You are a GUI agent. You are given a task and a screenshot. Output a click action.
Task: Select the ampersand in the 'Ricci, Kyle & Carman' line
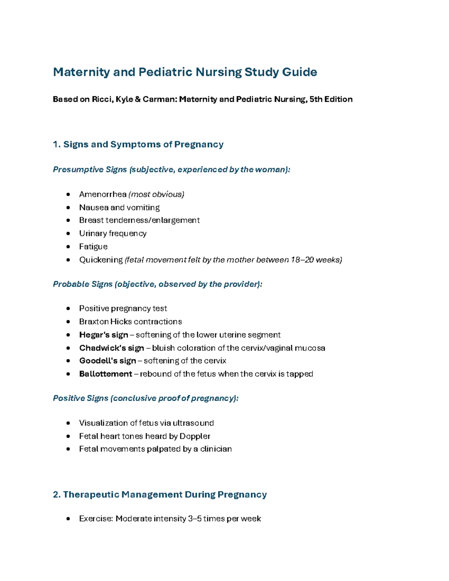click(138, 99)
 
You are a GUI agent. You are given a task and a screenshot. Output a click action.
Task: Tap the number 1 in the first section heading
click(56, 144)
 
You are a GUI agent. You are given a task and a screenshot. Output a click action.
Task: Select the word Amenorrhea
click(103, 194)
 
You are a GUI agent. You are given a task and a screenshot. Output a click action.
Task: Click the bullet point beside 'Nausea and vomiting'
click(68, 208)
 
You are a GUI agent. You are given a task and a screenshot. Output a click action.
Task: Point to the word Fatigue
click(93, 247)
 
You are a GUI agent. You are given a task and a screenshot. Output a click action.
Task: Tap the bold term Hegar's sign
click(104, 335)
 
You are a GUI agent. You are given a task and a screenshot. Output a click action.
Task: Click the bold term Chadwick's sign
click(112, 348)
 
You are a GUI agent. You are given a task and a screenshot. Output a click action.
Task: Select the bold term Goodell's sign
click(107, 361)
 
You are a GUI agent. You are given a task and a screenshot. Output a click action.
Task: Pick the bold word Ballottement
click(106, 374)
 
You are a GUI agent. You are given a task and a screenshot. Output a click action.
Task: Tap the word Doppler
click(195, 436)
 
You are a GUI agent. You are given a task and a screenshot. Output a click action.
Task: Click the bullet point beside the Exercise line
click(68, 519)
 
